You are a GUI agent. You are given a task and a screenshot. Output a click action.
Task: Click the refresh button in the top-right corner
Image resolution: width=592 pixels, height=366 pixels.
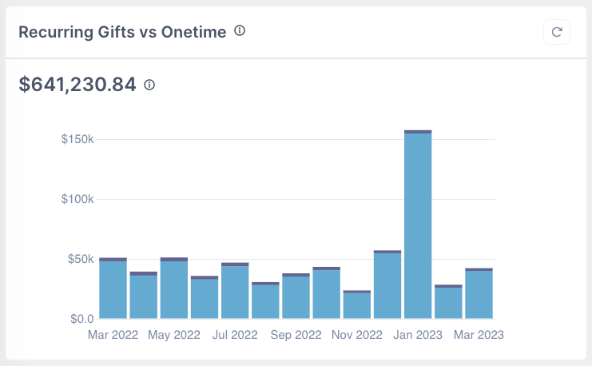tap(557, 32)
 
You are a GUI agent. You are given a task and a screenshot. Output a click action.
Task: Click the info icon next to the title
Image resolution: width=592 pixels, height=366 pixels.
tap(240, 31)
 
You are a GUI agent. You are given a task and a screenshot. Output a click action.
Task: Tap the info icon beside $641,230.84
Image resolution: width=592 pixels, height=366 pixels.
tap(149, 84)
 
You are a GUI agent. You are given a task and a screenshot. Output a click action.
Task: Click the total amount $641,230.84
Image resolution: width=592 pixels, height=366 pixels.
tap(77, 84)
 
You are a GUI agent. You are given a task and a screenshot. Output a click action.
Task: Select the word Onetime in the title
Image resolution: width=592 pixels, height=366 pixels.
tap(194, 32)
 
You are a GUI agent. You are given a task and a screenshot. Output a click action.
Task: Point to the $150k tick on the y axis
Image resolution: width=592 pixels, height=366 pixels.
tap(77, 139)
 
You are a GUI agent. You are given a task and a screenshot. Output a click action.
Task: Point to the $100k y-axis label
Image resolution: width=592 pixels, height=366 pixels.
tap(77, 199)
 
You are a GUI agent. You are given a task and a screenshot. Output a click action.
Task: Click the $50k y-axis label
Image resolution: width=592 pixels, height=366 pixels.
tap(81, 259)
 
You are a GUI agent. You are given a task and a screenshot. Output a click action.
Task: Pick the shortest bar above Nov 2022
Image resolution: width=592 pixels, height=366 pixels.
tap(357, 305)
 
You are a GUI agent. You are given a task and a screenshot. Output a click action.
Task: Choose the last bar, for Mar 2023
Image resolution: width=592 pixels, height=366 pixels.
tap(479, 295)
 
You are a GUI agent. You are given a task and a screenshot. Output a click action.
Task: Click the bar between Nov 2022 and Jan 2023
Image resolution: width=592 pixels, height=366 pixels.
tap(387, 286)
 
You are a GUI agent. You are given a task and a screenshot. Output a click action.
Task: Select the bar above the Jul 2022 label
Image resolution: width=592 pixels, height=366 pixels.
tap(235, 292)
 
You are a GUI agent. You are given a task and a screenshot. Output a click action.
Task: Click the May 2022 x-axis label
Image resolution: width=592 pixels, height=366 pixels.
tap(174, 335)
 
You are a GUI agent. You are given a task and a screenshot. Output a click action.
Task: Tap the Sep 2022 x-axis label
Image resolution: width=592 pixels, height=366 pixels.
tap(296, 335)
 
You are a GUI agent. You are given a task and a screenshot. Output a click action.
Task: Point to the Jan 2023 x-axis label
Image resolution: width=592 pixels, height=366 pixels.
tap(418, 335)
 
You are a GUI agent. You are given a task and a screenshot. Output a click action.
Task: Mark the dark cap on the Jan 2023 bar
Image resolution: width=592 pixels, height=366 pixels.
tap(418, 131)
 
